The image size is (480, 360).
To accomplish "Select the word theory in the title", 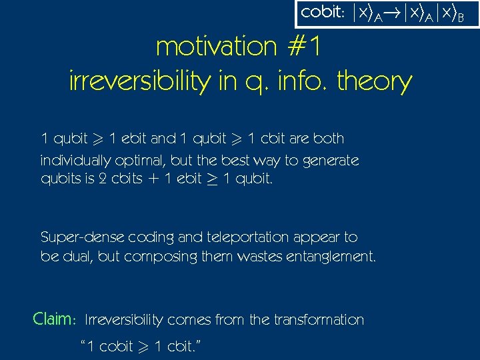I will pyautogui.click(x=375, y=81).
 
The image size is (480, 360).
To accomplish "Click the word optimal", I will pyautogui.click(x=140, y=161).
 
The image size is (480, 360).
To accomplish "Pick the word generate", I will pyautogui.click(x=329, y=161).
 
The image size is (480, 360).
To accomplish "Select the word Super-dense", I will pyautogui.click(x=79, y=237).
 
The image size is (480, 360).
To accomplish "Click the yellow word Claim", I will pyautogui.click(x=53, y=319).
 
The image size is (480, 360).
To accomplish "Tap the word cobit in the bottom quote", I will pyautogui.click(x=115, y=347).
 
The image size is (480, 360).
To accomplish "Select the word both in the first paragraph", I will pyautogui.click(x=329, y=139).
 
